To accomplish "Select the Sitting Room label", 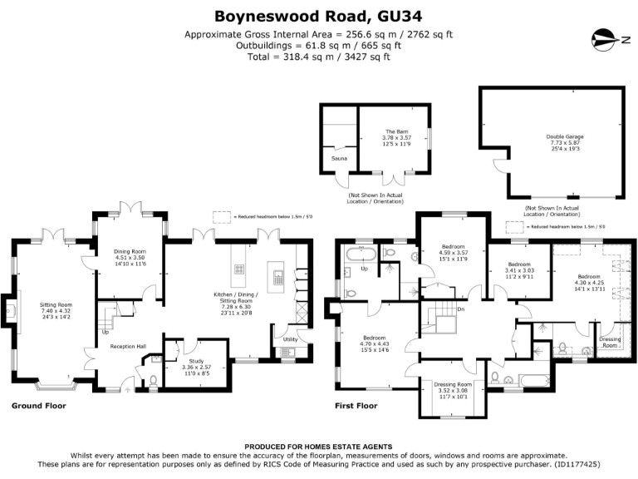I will (56, 305).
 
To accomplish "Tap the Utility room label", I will (290, 339).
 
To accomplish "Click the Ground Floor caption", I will (38, 407).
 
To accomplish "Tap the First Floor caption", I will (355, 407).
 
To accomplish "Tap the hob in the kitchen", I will (239, 269).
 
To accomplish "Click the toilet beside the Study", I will (153, 383).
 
